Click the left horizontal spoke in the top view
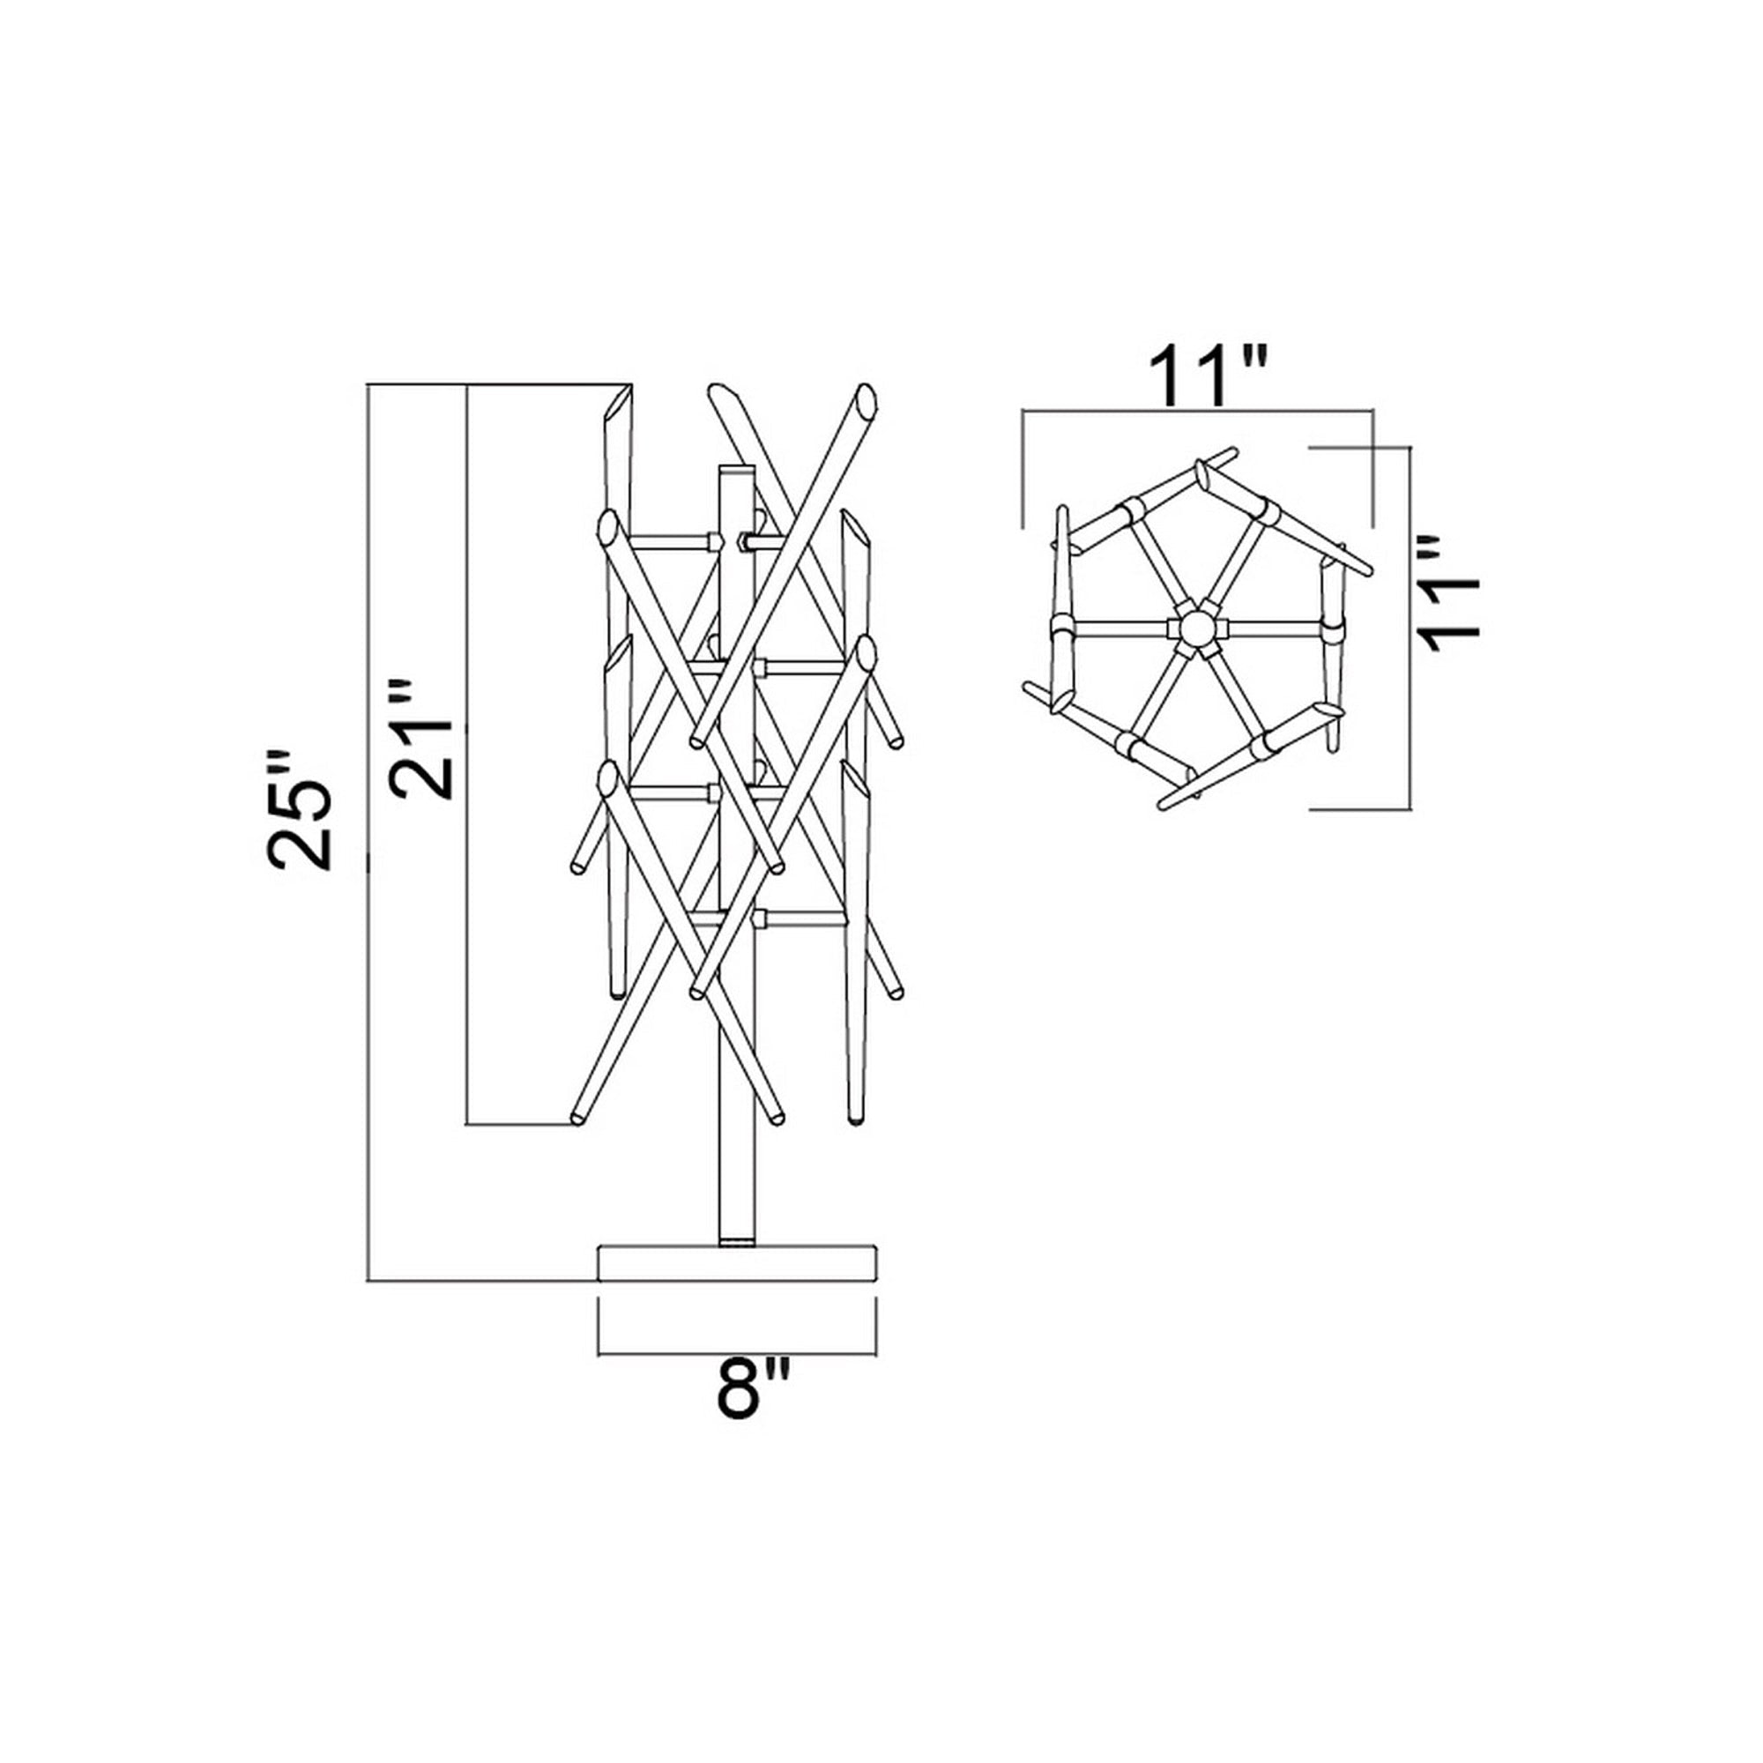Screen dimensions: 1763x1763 [x=1123, y=627]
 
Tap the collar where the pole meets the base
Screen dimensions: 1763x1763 [x=737, y=1241]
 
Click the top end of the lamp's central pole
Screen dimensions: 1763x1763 [x=737, y=468]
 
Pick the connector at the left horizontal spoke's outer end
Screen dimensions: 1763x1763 [x=1061, y=627]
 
